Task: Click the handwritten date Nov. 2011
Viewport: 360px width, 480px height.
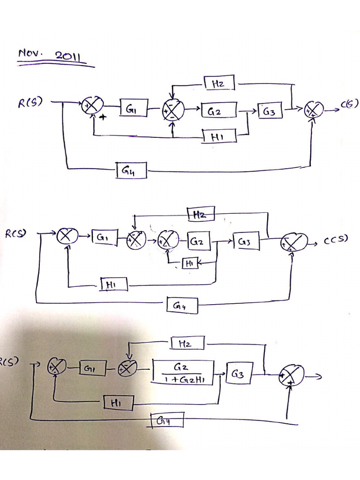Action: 50,55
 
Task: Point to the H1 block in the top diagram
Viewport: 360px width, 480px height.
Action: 219,136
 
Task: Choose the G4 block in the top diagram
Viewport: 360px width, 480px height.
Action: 131,171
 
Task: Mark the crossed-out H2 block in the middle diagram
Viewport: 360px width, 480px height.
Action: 201,214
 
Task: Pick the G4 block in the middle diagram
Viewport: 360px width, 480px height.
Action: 182,306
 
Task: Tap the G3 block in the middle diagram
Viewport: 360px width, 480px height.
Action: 246,241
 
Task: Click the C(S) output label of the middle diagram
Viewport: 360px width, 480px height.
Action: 336,241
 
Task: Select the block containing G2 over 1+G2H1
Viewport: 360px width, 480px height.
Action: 183,373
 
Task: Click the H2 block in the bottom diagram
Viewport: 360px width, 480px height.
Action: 187,343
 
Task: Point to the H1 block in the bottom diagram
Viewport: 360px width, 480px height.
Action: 118,402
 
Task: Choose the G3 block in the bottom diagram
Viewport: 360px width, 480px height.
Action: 240,374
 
